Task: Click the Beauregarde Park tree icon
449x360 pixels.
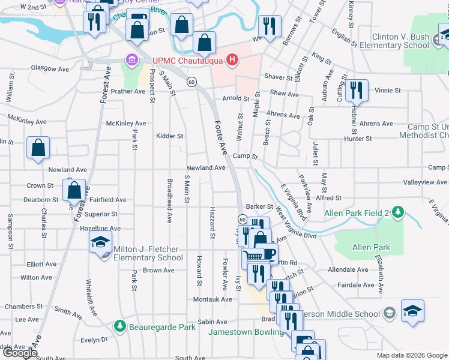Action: (120, 327)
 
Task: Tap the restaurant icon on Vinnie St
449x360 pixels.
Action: (357, 90)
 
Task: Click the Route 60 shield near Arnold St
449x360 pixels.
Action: (191, 82)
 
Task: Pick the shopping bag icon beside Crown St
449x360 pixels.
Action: (74, 190)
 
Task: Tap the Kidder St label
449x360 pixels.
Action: (170, 136)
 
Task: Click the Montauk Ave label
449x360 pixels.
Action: (212, 299)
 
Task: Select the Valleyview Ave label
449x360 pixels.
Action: (426, 182)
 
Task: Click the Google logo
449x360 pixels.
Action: (20, 353)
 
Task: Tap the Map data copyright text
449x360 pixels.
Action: (412, 355)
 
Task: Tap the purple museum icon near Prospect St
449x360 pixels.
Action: (131, 60)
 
